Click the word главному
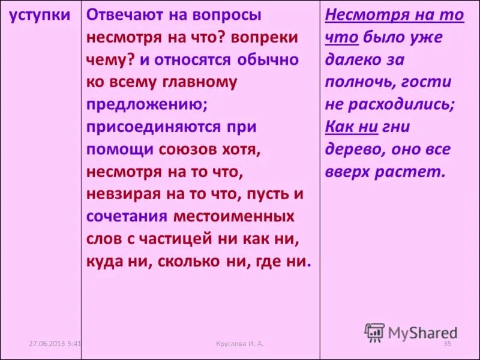pos(200,82)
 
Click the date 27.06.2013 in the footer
pos(47,343)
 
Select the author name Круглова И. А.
pos(240,343)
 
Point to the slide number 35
pos(446,343)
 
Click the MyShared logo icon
pos(374,332)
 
